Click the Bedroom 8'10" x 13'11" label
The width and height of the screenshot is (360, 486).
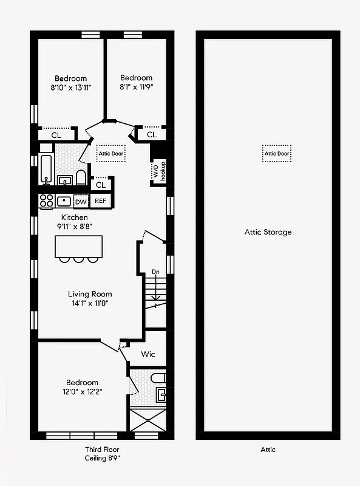(70, 83)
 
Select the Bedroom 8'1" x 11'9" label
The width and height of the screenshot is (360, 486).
(136, 82)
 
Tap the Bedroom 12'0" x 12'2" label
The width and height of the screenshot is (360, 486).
(82, 387)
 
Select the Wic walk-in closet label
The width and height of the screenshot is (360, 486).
(149, 354)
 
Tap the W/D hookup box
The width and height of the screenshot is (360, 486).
(158, 171)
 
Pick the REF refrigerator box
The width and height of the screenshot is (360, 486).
(100, 201)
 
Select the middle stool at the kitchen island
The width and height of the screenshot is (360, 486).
(78, 261)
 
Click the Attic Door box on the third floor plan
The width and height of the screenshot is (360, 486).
(110, 154)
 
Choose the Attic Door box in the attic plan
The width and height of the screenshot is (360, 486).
(277, 154)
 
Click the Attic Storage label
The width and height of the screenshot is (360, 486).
(268, 232)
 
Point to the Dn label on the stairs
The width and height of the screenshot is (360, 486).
(156, 272)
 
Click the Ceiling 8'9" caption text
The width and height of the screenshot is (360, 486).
(102, 459)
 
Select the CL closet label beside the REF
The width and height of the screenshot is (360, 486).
(101, 184)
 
